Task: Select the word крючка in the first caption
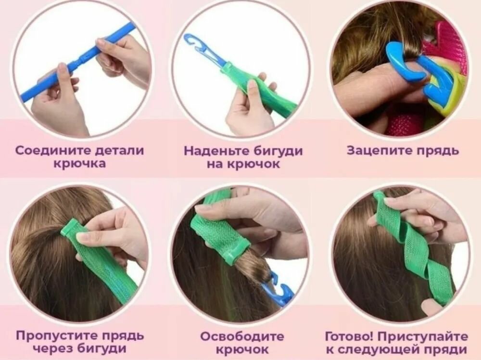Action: point(80,164)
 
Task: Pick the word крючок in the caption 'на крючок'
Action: point(253,164)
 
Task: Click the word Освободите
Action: point(242,336)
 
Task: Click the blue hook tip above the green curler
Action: point(196,46)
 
